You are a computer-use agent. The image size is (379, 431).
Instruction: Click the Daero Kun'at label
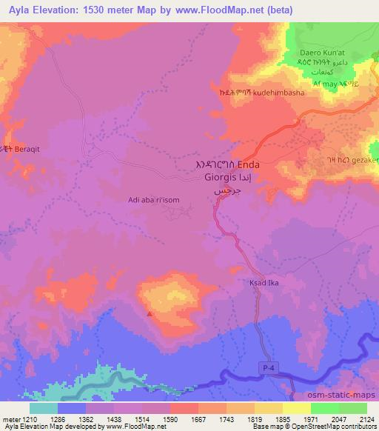(323, 53)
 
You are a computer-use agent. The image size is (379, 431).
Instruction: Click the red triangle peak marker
(150, 314)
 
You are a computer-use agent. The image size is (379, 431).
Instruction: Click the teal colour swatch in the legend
(44, 408)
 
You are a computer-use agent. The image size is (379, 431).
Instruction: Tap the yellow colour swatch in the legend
(296, 408)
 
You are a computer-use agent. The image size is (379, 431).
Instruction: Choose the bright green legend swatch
(325, 408)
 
